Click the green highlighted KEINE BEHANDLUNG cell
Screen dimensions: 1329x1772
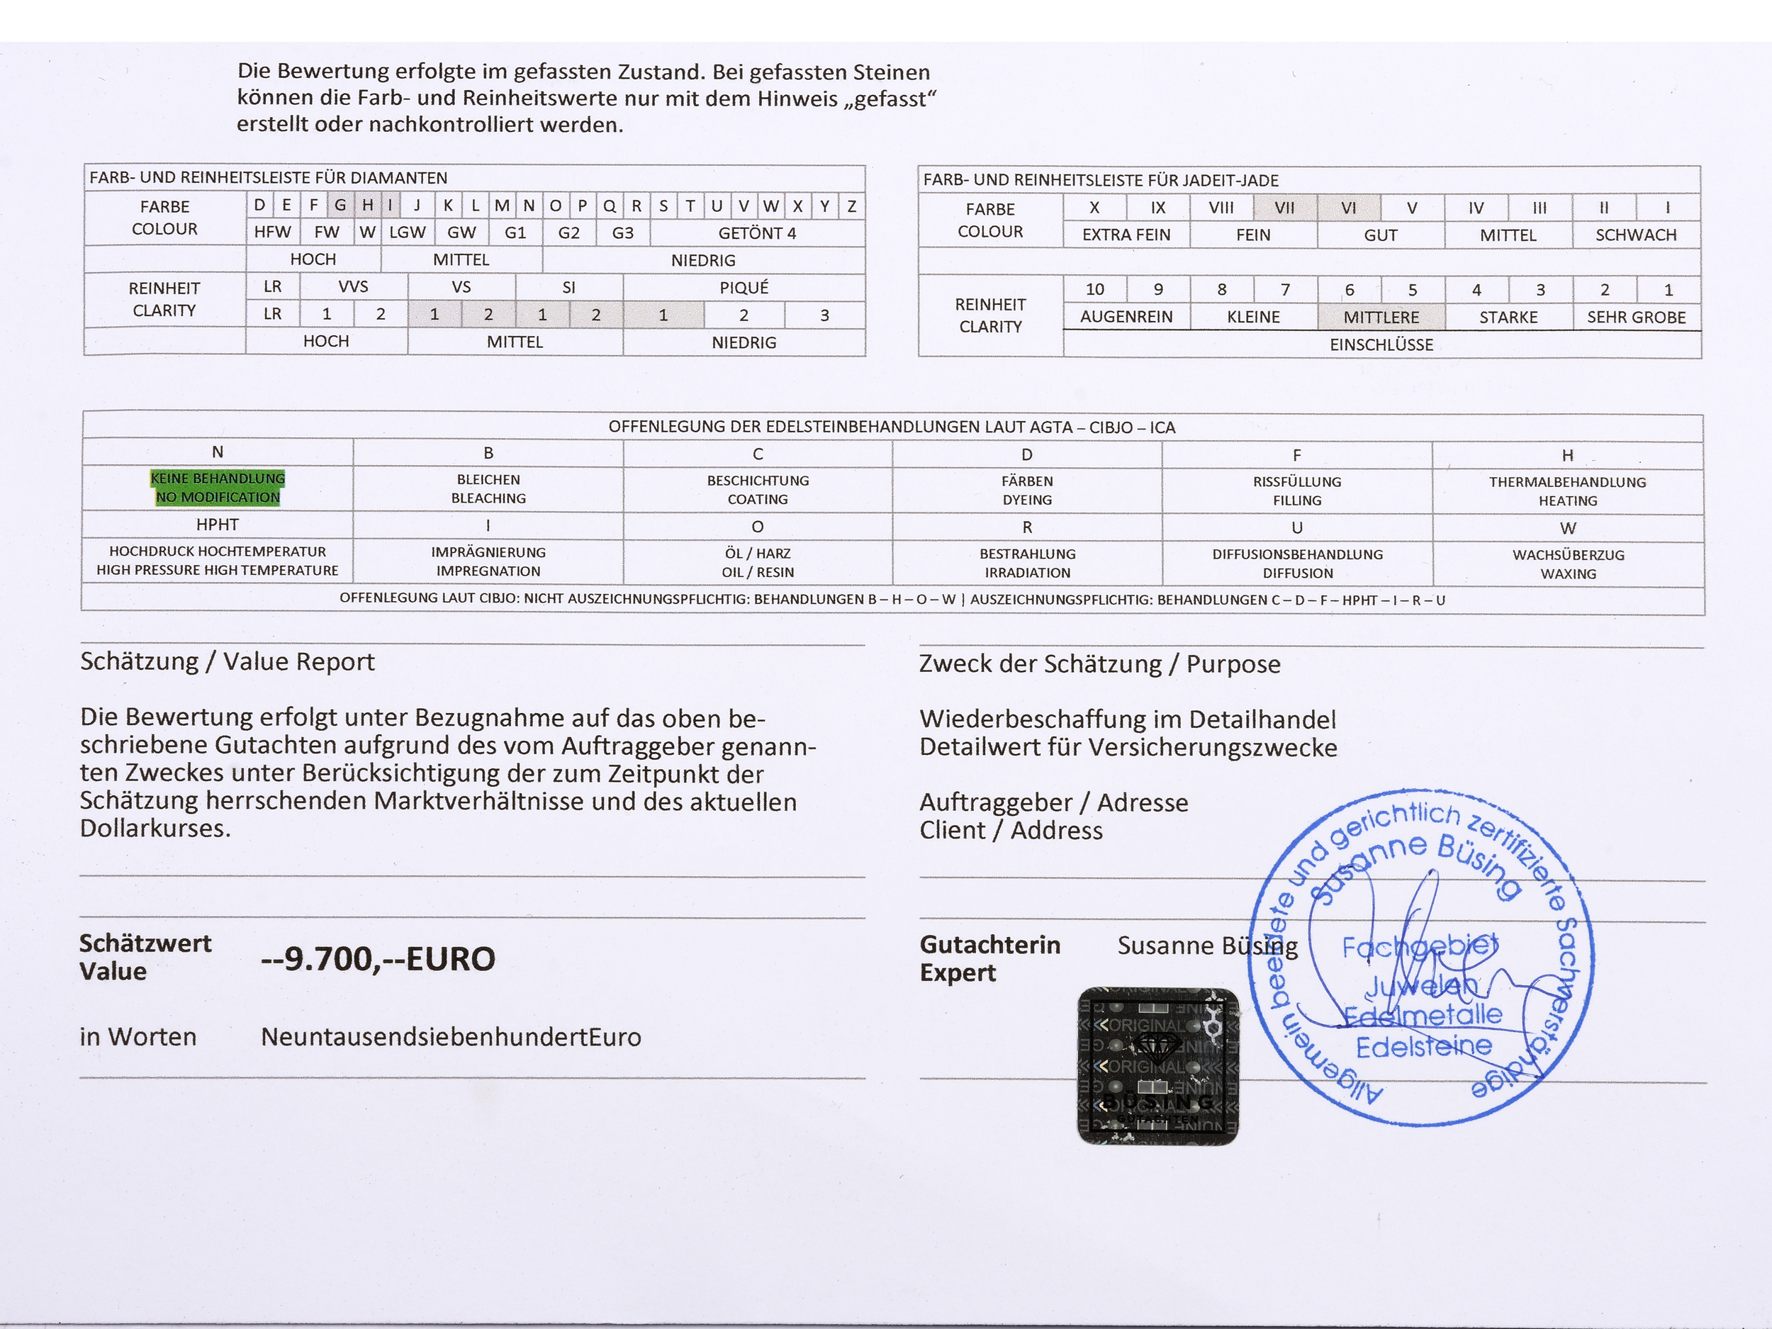(x=217, y=487)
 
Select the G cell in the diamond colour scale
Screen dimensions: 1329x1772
(x=340, y=205)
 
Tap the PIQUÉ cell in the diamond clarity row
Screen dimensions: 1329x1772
(x=744, y=287)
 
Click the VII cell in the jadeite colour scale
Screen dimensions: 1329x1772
(x=1284, y=208)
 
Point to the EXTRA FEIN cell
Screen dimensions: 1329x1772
(x=1126, y=235)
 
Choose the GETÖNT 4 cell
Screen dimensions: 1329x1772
(x=757, y=233)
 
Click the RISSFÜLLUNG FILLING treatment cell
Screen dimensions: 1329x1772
(x=1297, y=490)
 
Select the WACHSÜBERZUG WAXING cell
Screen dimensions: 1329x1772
(x=1568, y=564)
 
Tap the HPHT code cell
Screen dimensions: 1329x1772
(x=217, y=525)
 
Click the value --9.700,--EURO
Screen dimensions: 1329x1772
(x=378, y=959)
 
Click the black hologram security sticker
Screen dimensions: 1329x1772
(x=1157, y=1065)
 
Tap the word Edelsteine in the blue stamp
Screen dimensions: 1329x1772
(x=1423, y=1046)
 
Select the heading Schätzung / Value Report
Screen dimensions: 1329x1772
(x=228, y=662)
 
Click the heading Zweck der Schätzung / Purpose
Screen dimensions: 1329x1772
(x=1099, y=664)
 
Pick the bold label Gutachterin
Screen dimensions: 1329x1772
(x=989, y=946)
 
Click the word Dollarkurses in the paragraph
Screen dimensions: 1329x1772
(x=155, y=829)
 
